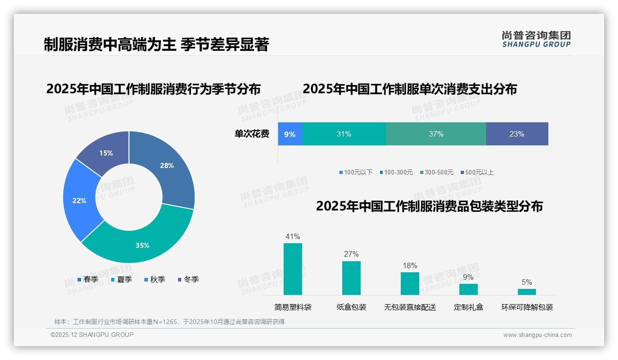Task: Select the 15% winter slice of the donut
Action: pos(104,150)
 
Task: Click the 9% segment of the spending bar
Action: pos(290,134)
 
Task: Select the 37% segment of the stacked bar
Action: pos(436,134)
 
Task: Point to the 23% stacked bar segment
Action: pos(517,134)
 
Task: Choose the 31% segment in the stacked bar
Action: pos(344,134)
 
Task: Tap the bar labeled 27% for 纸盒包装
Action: pos(351,278)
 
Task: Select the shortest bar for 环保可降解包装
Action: pos(527,292)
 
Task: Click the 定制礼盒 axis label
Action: pos(469,307)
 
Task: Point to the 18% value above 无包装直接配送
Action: pos(410,265)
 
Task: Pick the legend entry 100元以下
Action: pos(356,172)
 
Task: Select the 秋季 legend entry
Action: pos(154,279)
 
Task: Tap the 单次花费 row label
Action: pos(252,134)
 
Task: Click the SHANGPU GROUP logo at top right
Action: pos(536,39)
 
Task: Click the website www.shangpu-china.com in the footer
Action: pos(537,335)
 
